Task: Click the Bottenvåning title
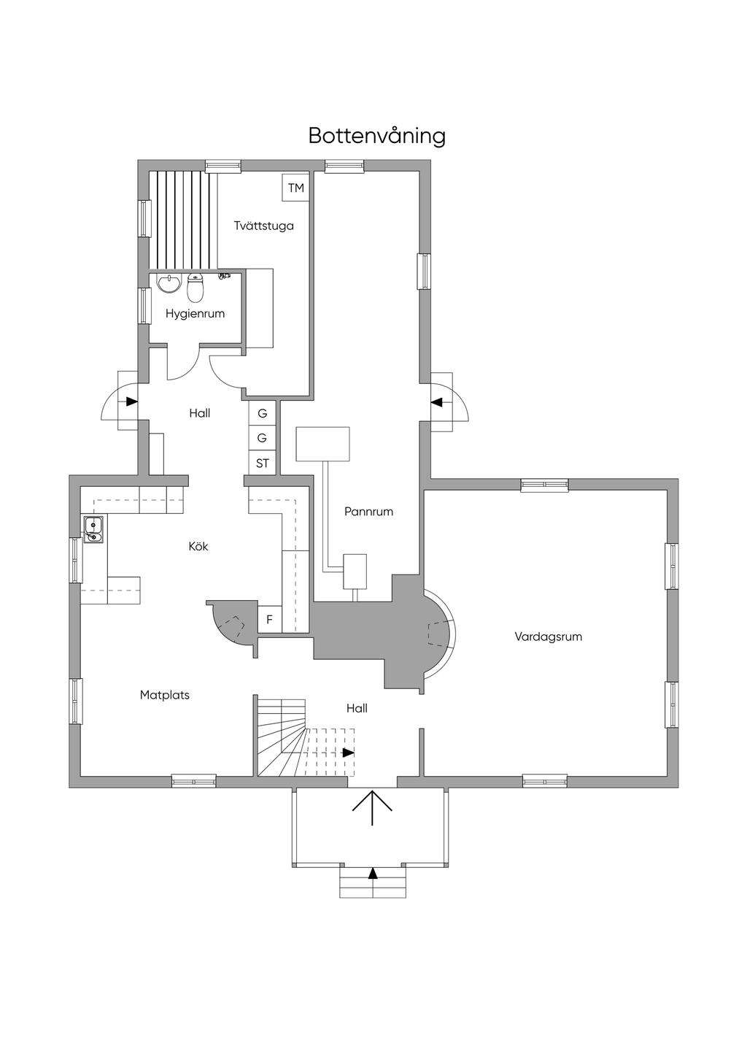(x=376, y=136)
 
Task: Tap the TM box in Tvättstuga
(x=295, y=188)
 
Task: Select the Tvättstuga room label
(x=263, y=226)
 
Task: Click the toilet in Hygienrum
(x=195, y=288)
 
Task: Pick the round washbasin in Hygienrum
(x=169, y=282)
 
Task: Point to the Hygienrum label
(x=195, y=314)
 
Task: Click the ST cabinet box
(x=263, y=464)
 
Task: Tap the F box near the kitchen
(x=269, y=620)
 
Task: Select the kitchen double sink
(x=93, y=530)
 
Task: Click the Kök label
(x=198, y=546)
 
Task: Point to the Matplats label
(x=165, y=695)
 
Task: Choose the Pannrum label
(x=368, y=512)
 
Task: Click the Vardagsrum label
(x=548, y=637)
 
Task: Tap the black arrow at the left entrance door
(x=131, y=401)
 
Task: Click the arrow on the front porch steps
(x=373, y=872)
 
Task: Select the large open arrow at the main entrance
(x=373, y=807)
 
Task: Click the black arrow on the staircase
(x=349, y=753)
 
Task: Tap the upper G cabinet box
(x=263, y=413)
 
